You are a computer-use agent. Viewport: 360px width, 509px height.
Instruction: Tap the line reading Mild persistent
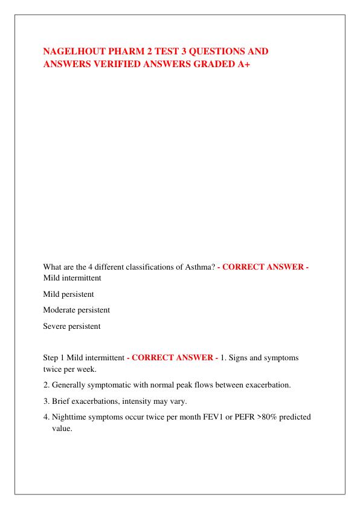[x=68, y=294]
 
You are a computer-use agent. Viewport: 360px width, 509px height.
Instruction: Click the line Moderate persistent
[x=77, y=310]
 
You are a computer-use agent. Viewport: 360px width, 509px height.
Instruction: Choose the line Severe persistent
[x=72, y=326]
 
